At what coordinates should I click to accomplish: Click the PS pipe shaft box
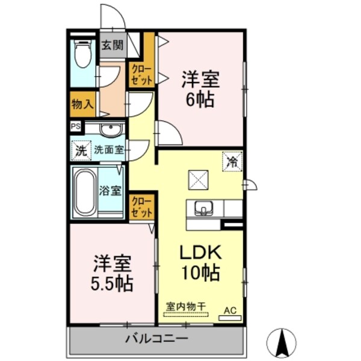pos(76,126)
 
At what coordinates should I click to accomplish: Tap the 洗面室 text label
pos(108,150)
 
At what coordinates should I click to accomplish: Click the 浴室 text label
pos(111,192)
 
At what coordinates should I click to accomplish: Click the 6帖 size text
pos(200,99)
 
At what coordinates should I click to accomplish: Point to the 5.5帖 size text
pos(112,282)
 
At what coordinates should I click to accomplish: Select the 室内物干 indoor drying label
pos(186,305)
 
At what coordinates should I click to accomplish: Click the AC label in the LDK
pos(230,310)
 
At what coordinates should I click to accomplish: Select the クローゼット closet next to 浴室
pos(141,205)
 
